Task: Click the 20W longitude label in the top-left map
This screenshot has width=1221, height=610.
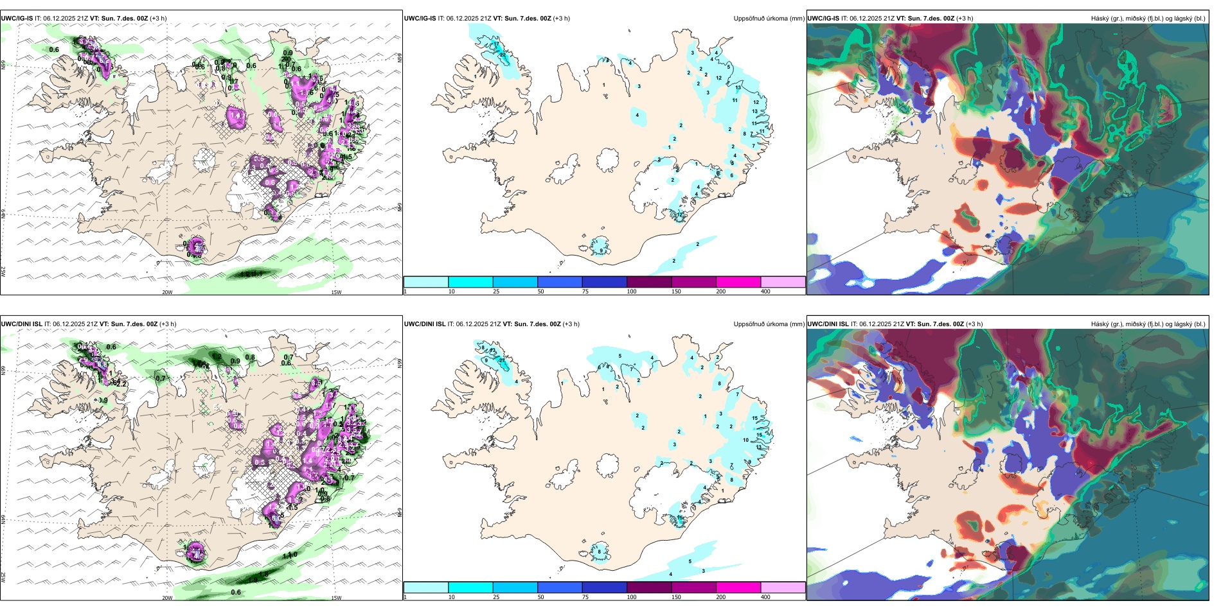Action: point(167,292)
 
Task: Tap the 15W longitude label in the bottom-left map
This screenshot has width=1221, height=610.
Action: point(336,598)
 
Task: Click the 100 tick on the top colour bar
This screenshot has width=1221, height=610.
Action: point(632,292)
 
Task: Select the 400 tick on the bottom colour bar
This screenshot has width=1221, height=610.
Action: point(765,597)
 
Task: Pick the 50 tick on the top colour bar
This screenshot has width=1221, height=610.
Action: point(540,292)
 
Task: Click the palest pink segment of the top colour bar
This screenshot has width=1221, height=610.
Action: point(783,282)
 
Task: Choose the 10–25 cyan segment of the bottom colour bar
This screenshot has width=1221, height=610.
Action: point(470,588)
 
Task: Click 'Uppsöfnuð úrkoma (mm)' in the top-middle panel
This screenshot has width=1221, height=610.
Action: point(769,19)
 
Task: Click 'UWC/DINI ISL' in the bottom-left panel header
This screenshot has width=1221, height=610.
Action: point(21,324)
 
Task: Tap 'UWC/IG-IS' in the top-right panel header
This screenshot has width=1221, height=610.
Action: point(823,19)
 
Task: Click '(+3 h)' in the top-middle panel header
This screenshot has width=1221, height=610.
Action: point(561,19)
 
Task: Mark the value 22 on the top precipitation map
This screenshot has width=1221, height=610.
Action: point(503,55)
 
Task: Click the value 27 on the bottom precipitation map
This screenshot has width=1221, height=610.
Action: point(502,361)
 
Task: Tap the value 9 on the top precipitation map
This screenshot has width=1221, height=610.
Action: point(602,250)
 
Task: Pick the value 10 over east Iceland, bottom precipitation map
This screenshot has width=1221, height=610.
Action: point(745,440)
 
